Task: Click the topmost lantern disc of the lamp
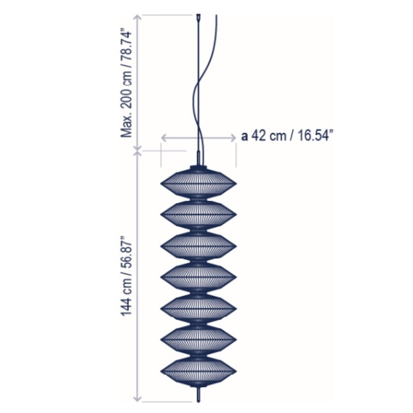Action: tap(199, 183)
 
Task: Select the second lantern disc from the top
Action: tap(199, 214)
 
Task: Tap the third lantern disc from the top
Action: tap(199, 246)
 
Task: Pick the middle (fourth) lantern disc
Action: tap(199, 277)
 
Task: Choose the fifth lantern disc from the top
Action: tap(199, 308)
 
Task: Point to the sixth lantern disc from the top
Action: tap(199, 340)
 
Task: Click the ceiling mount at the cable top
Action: tap(198, 17)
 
